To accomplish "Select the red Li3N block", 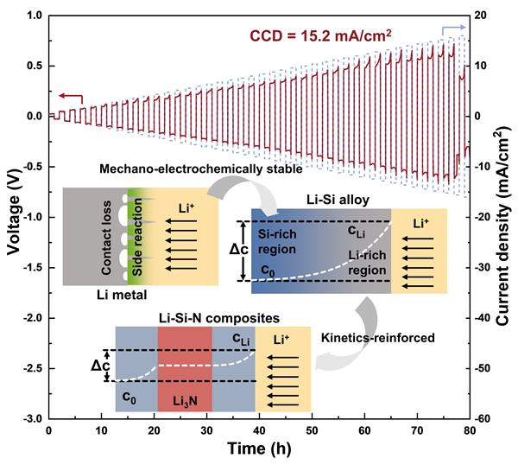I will pyautogui.click(x=184, y=369).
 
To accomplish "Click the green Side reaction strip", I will pyautogui.click(x=135, y=236).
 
